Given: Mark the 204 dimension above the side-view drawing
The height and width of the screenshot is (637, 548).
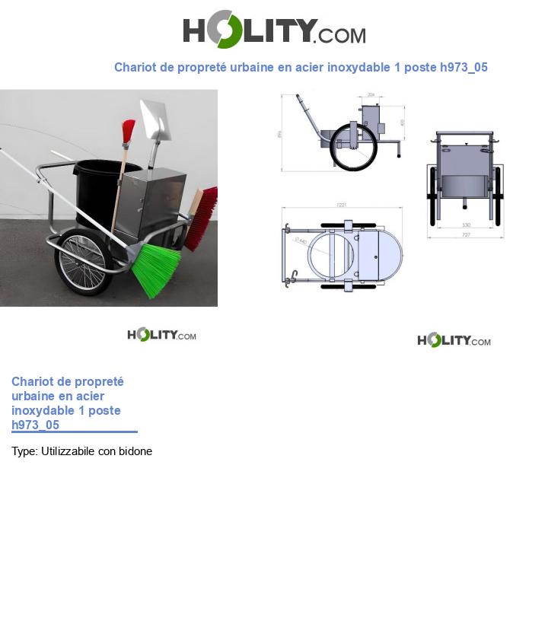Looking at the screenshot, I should pyautogui.click(x=371, y=94).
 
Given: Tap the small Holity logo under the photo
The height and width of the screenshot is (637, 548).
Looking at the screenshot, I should pyautogui.click(x=161, y=335).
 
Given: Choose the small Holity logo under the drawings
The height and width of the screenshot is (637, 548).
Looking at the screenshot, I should pyautogui.click(x=454, y=340).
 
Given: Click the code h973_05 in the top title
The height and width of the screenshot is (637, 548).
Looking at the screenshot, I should pyautogui.click(x=464, y=67).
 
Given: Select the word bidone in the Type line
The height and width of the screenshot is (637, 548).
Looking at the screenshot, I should pyautogui.click(x=135, y=451).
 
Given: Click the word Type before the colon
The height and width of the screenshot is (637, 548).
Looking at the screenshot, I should pyautogui.click(x=24, y=451).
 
